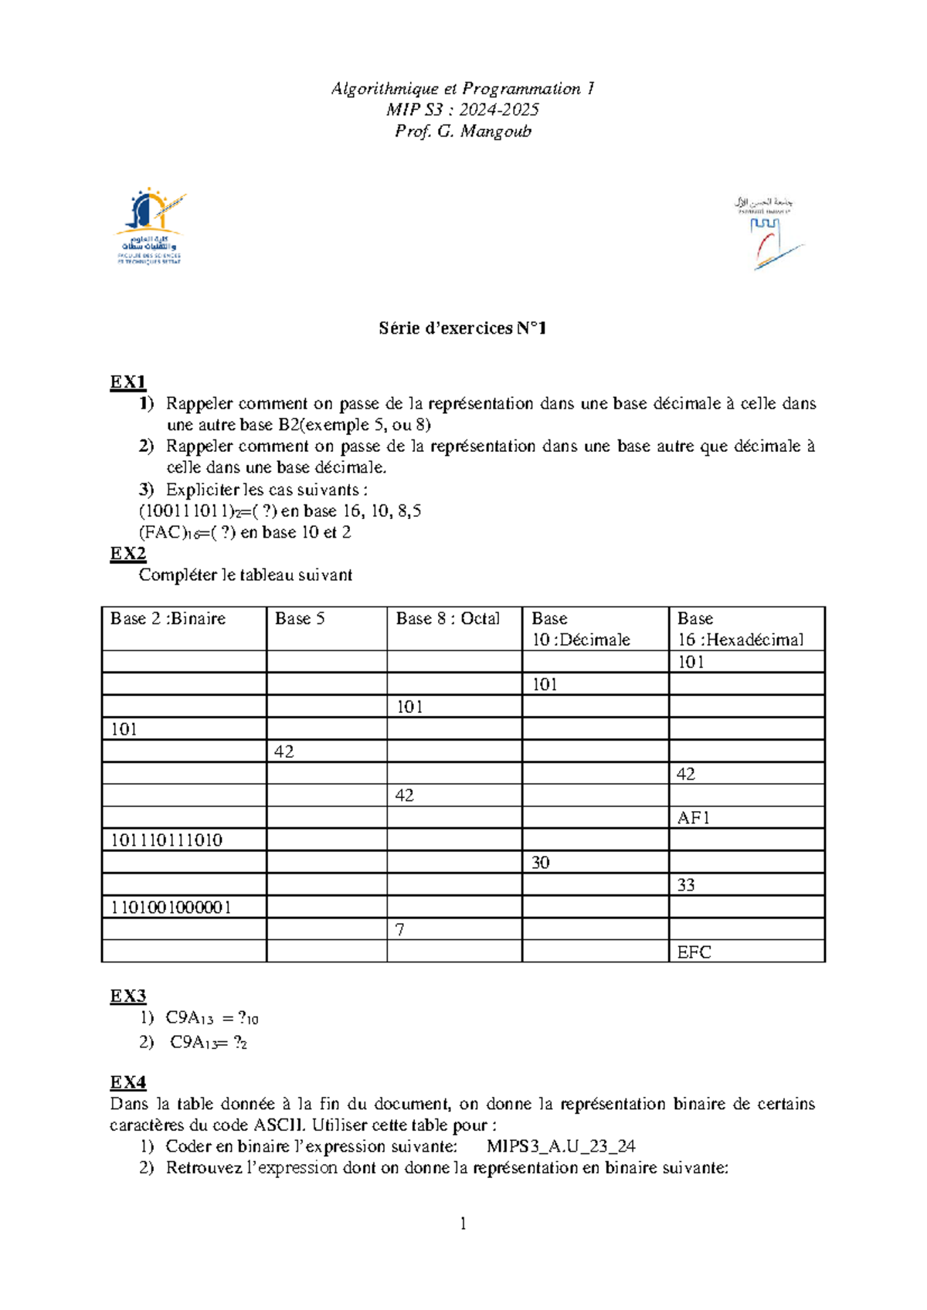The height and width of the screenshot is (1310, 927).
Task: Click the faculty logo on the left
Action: [x=151, y=226]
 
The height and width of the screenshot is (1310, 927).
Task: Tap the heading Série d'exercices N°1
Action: [x=463, y=328]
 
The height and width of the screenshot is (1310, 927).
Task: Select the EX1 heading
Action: [x=127, y=382]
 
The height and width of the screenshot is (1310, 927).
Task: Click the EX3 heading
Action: [x=127, y=996]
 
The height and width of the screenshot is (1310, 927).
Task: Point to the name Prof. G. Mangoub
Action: [x=463, y=131]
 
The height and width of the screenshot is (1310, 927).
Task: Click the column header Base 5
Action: [x=300, y=619]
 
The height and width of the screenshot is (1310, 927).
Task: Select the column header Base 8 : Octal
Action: [x=447, y=619]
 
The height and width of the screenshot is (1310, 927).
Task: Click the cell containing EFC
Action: [x=694, y=952]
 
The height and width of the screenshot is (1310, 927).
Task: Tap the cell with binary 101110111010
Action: [x=166, y=840]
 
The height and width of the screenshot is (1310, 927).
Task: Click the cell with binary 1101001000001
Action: [x=171, y=908]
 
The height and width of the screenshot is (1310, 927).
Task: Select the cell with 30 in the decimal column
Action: [x=540, y=863]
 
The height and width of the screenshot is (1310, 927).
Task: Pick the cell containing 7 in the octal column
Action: [x=399, y=930]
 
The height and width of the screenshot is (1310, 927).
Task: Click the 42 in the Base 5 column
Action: [x=284, y=752]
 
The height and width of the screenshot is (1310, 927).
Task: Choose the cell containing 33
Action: [x=686, y=885]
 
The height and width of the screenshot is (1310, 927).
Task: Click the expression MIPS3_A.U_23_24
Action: [x=561, y=1146]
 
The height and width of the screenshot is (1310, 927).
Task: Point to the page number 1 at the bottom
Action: [x=463, y=1223]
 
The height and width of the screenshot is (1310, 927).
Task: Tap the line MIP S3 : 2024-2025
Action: [x=463, y=110]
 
